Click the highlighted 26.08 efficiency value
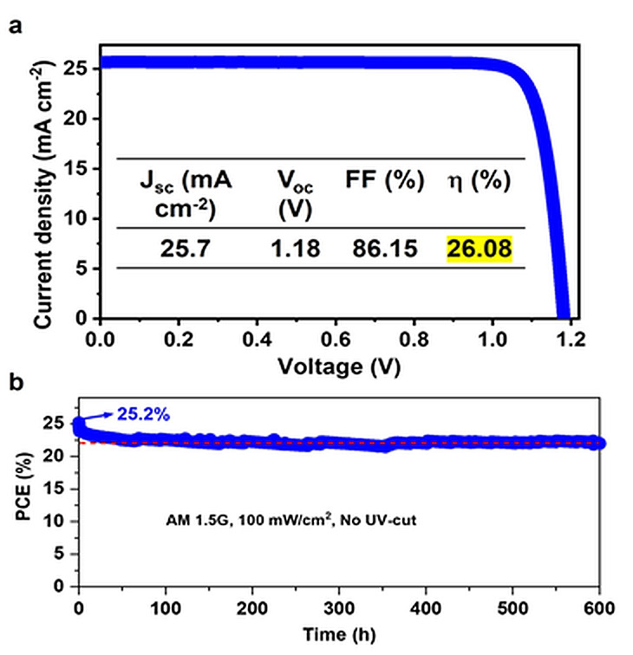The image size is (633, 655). [480, 249]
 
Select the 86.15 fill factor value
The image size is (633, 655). [385, 249]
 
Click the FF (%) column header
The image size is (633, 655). [385, 181]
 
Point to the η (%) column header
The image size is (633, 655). [480, 181]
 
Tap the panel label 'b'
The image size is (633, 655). [16, 381]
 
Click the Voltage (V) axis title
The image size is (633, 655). [334, 366]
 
